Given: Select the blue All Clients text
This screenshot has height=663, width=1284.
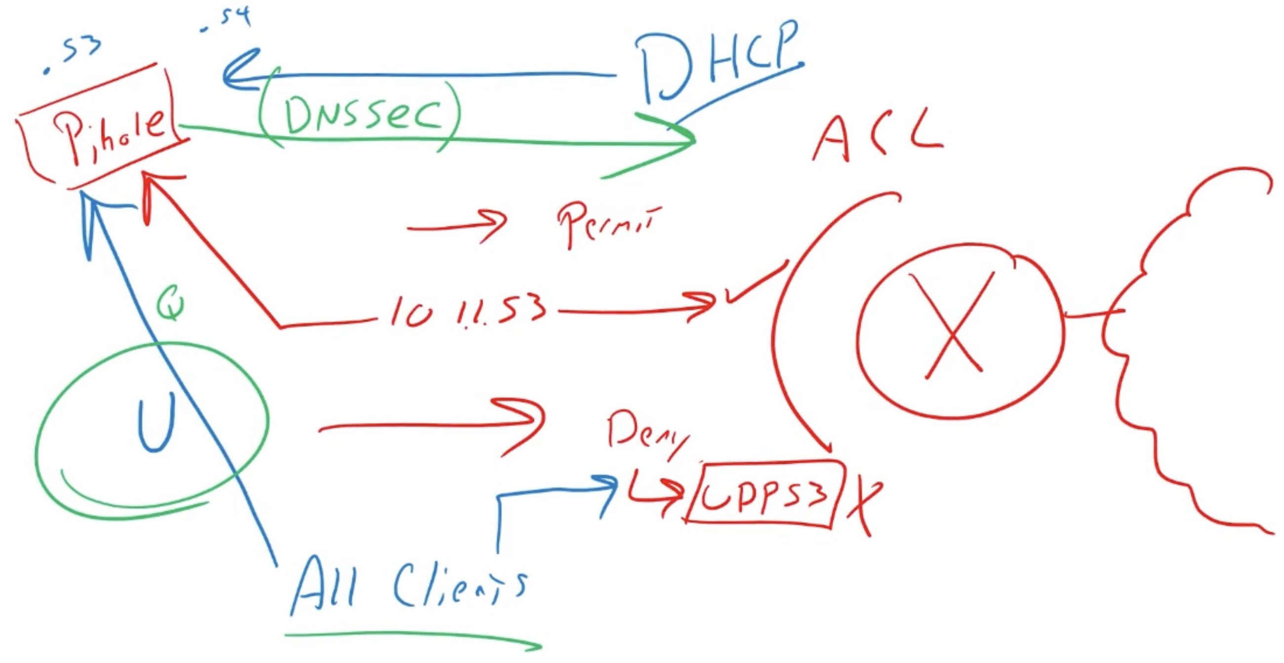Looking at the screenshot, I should point(409,586).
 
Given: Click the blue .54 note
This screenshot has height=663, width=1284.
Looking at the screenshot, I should point(227,20).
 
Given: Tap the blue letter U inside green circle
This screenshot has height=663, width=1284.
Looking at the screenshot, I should point(156,421).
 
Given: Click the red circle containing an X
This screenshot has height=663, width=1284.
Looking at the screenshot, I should point(960,331).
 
